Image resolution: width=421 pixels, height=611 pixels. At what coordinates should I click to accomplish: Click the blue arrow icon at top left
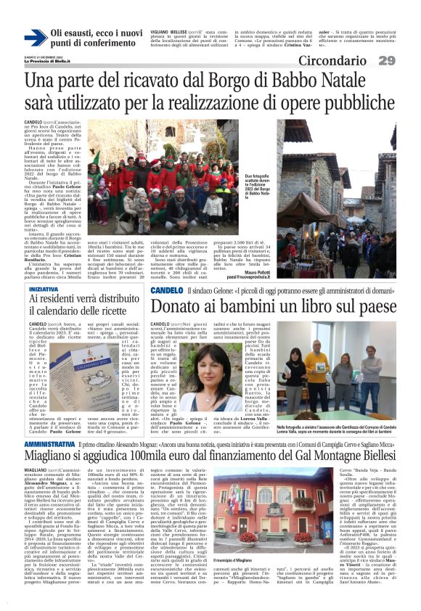pyautogui.click(x=35, y=38)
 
